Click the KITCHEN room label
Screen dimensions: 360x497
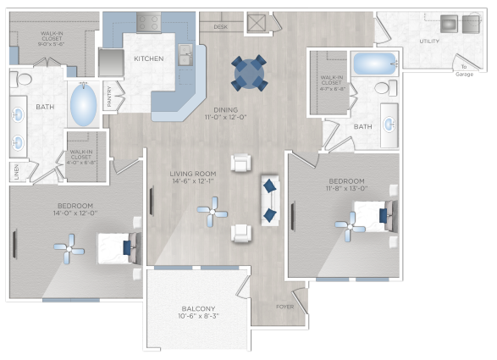coord(149,58)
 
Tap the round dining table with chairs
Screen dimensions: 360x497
coord(249,73)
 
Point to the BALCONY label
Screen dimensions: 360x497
coord(198,308)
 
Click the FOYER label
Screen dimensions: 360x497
coord(284,307)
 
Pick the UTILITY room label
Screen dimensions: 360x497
coord(428,41)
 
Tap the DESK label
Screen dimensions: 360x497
coord(220,27)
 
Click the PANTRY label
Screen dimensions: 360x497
coord(110,96)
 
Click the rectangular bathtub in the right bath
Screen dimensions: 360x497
coord(374,63)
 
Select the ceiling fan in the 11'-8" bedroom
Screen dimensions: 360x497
coord(349,224)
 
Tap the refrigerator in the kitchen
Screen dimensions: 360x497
coord(110,62)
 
